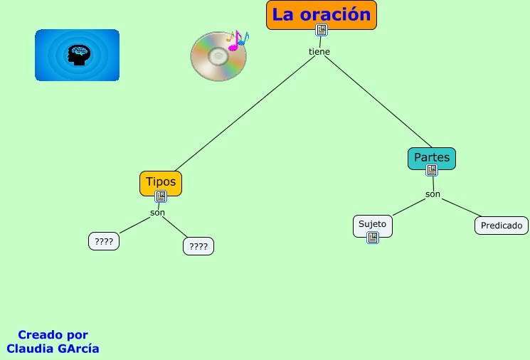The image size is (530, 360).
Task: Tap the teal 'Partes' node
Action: [x=432, y=157]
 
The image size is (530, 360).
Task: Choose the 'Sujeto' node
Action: [x=372, y=223]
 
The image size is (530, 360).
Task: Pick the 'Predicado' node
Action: [x=502, y=226]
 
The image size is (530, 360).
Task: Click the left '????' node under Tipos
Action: [x=104, y=242]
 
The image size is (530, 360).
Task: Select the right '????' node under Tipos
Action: [x=198, y=247]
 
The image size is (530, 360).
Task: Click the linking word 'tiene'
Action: [x=319, y=52]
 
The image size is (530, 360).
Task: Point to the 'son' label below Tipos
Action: [x=157, y=213]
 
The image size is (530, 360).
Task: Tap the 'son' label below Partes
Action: [x=433, y=194]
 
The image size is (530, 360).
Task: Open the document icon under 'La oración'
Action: [x=322, y=30]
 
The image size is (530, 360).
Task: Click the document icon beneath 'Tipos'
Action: [x=161, y=196]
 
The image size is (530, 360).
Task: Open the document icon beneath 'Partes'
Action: [x=432, y=171]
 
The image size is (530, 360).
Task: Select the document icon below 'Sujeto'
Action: [x=373, y=238]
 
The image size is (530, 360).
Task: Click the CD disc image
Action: [x=218, y=57]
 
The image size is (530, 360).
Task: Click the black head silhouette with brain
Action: [x=77, y=55]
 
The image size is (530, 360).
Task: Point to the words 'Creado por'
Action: [x=53, y=334]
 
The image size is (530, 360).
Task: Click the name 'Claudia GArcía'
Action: [x=53, y=349]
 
